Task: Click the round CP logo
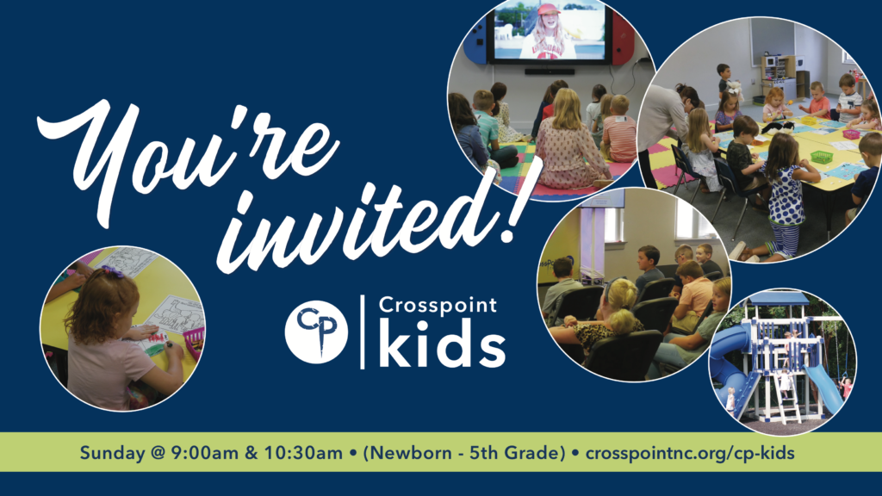coord(316,332)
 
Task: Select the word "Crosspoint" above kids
coord(438,306)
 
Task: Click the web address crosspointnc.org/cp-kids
coord(690,453)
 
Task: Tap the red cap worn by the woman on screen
coord(549,9)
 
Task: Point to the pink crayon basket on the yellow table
coord(194,342)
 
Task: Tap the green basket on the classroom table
coord(821,157)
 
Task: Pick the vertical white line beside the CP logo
coord(363,332)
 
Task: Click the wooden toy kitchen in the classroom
coord(779,77)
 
